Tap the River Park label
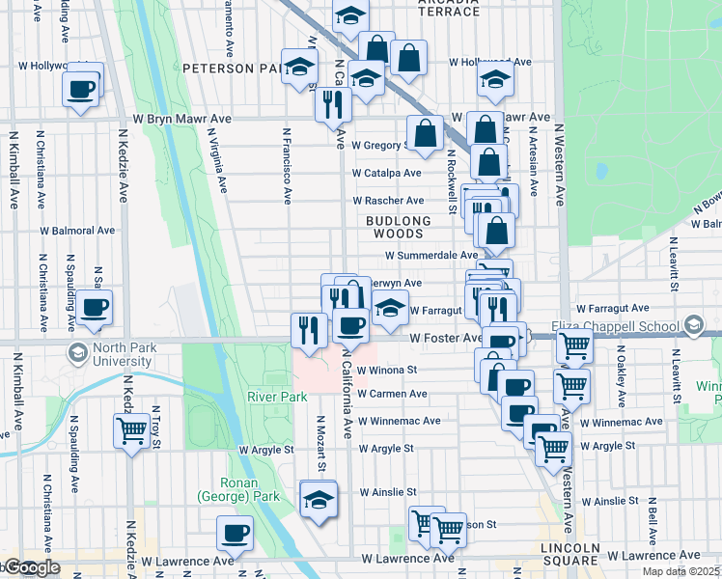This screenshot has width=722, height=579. [276, 397]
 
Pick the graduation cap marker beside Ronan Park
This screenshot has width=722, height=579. [318, 499]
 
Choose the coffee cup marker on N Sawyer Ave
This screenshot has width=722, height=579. [95, 307]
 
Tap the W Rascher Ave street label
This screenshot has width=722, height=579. [387, 201]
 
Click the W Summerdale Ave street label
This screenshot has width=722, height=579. [431, 256]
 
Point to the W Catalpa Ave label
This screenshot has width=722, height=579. [386, 174]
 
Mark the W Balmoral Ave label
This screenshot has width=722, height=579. [77, 231]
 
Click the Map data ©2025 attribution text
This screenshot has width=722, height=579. [681, 571]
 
